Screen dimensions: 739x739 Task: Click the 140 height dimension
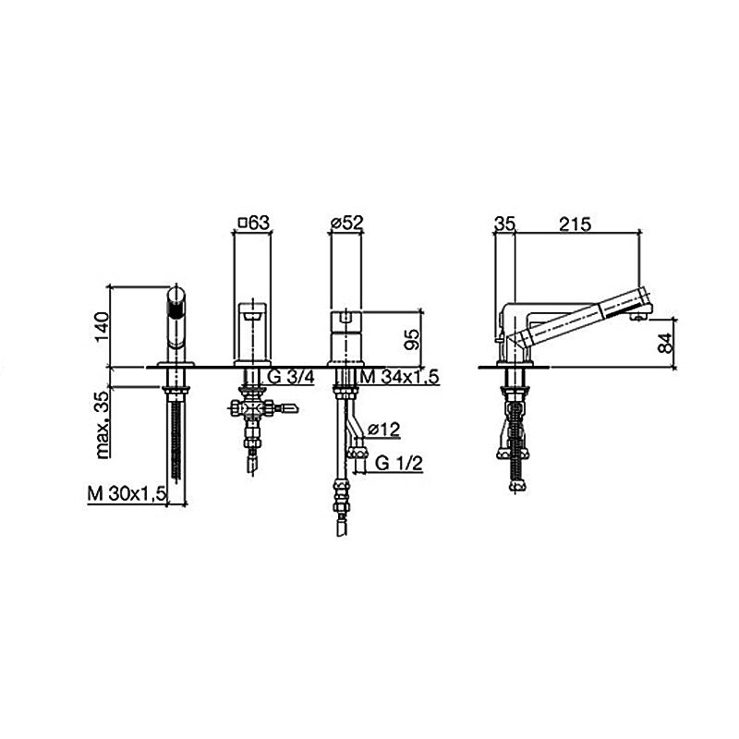(102, 327)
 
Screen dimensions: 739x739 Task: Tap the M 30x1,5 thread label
(127, 494)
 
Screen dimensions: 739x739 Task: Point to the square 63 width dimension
(254, 222)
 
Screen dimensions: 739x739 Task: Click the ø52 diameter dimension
(347, 222)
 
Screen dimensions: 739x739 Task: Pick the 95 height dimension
(411, 339)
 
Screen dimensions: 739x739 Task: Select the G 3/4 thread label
(290, 377)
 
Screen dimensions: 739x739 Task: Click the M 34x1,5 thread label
(399, 377)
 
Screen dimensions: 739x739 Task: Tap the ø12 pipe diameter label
(383, 429)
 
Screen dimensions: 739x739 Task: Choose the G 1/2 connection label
(399, 464)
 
